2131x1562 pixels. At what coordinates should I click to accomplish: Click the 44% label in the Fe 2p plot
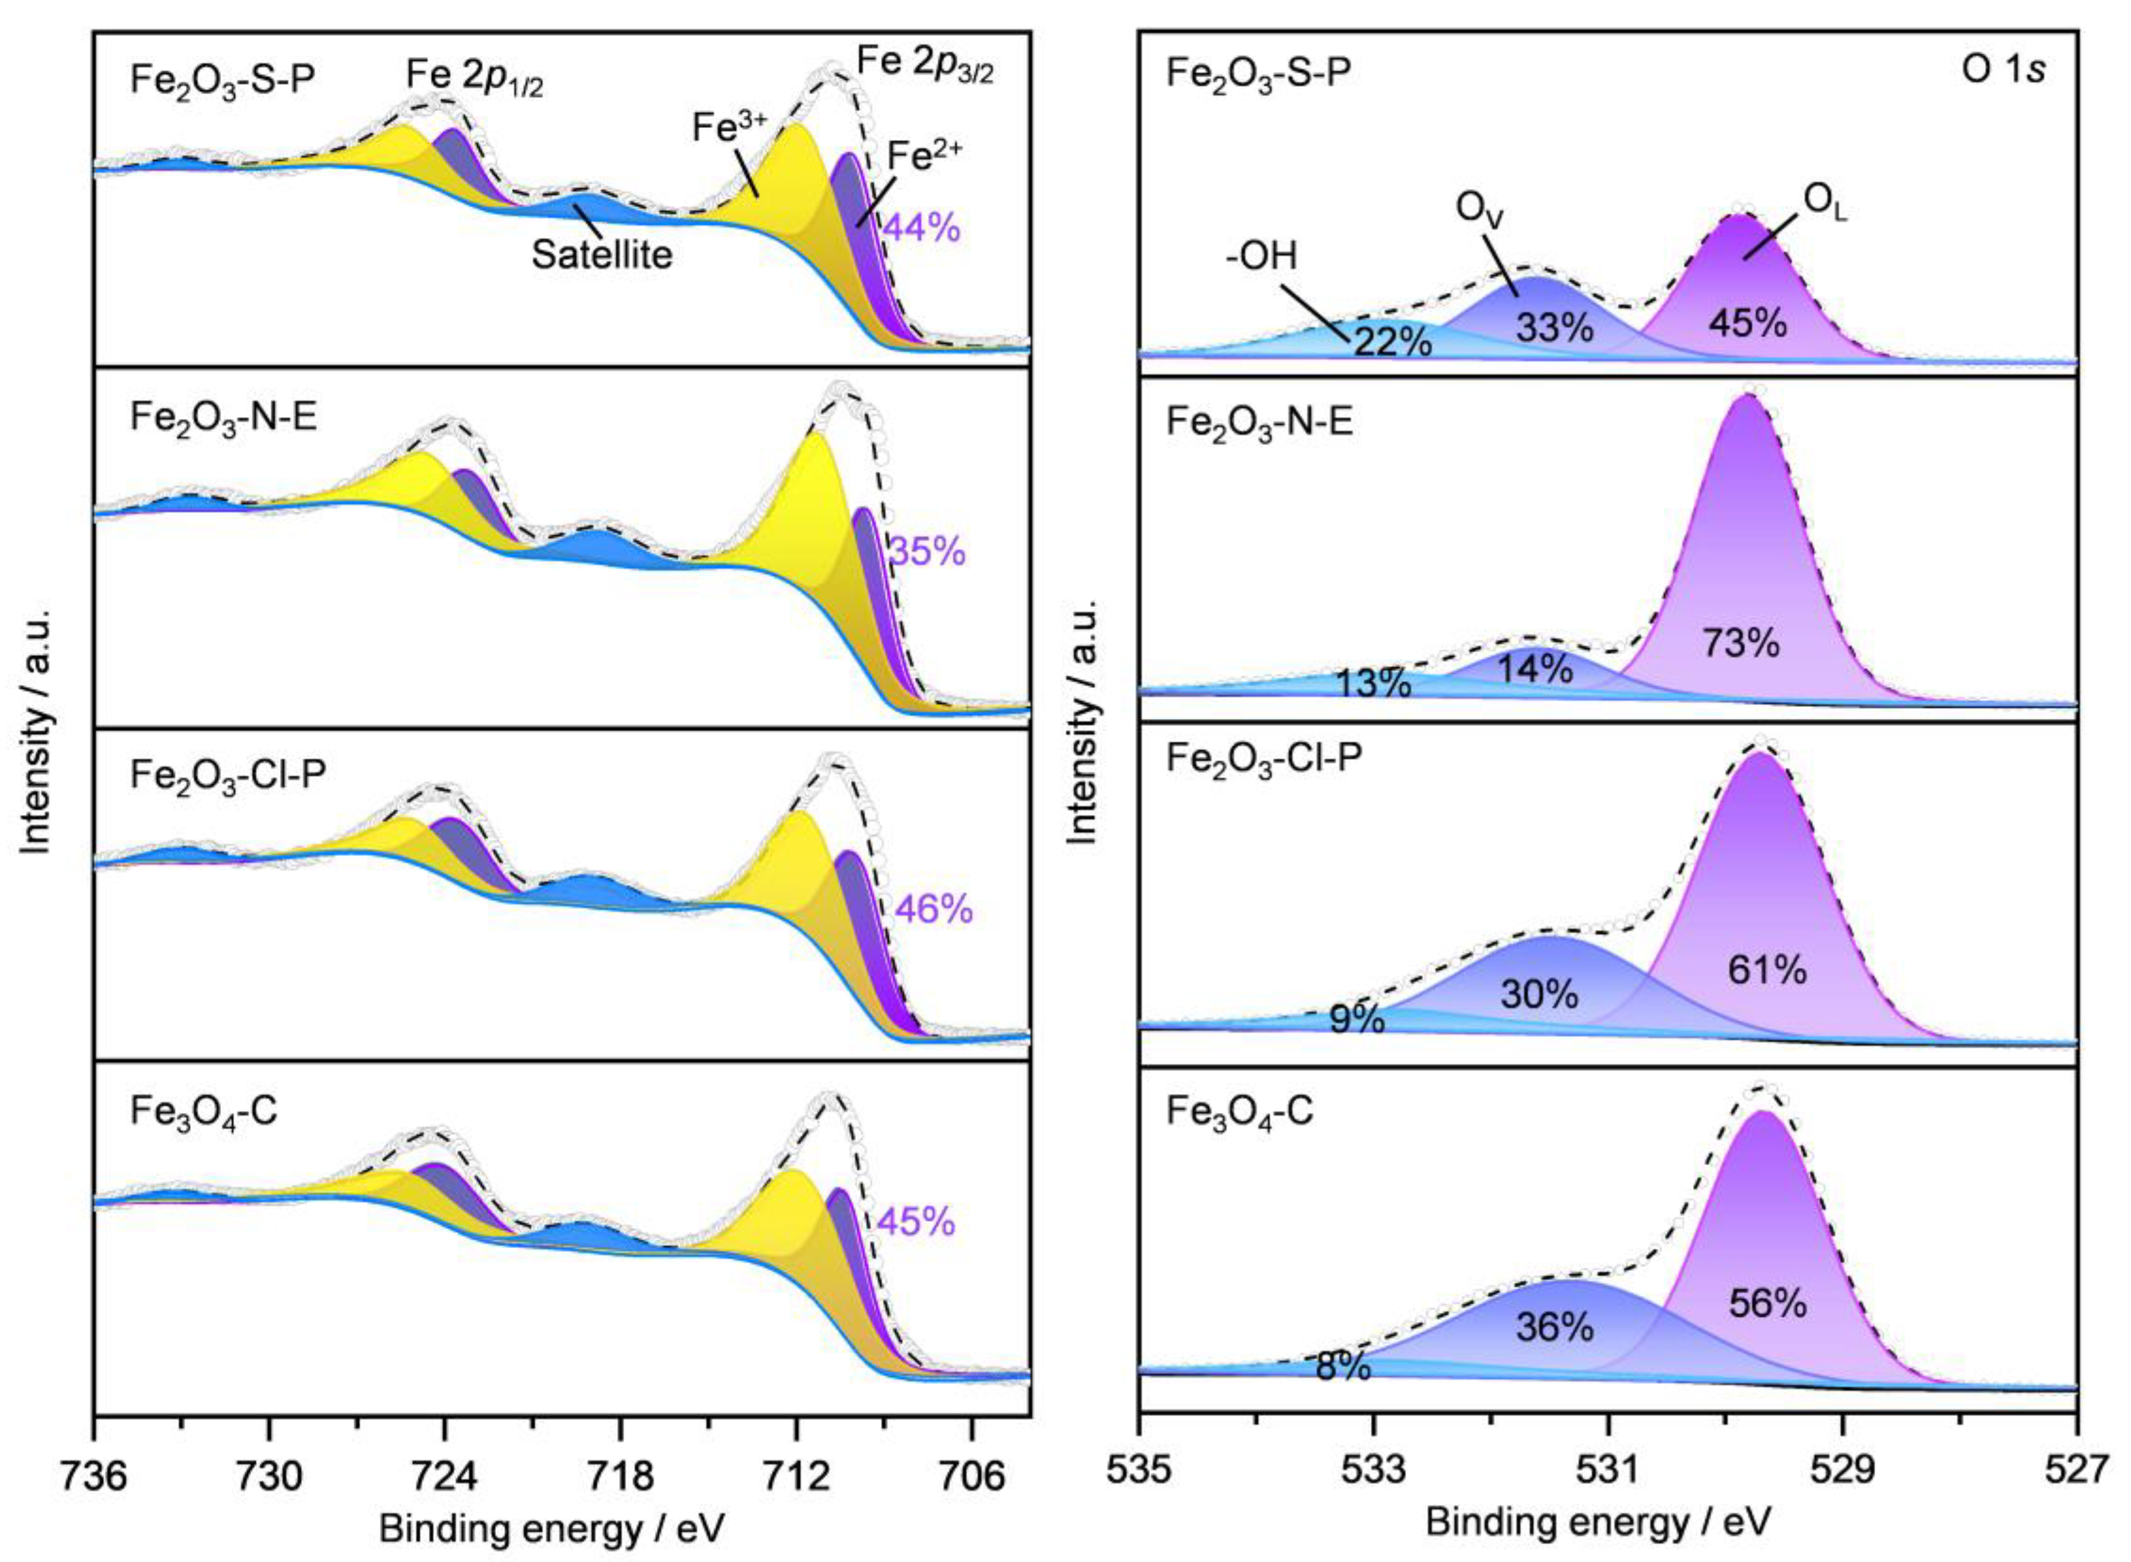tap(921, 228)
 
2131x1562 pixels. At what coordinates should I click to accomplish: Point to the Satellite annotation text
tap(602, 254)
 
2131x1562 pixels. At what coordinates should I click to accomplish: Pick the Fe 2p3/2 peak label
tap(925, 64)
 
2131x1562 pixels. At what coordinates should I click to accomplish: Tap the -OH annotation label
tap(1261, 256)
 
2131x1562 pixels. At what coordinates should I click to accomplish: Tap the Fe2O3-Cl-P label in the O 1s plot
tap(1263, 758)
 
